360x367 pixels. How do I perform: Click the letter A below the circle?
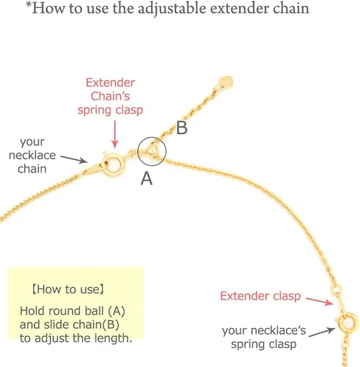coord(147,178)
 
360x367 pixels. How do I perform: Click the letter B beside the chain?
coord(182,128)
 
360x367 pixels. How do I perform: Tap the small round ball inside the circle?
coord(153,152)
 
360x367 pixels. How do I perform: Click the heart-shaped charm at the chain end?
coord(226,82)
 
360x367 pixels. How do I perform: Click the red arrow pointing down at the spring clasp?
coord(114,134)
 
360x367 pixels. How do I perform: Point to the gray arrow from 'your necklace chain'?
coord(74,159)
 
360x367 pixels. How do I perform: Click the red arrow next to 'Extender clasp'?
coord(320,301)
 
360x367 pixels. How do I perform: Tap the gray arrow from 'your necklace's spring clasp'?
coord(322,332)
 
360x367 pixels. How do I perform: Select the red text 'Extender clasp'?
coord(260,296)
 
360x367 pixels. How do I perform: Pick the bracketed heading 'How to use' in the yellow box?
coord(68,289)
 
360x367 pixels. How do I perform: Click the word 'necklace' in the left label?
coord(32,155)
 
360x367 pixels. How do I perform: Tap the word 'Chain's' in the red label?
coord(110,96)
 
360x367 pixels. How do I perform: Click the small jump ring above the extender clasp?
coord(337,290)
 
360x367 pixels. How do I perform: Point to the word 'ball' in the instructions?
coord(94,310)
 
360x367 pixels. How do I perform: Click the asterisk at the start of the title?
coord(29,5)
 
